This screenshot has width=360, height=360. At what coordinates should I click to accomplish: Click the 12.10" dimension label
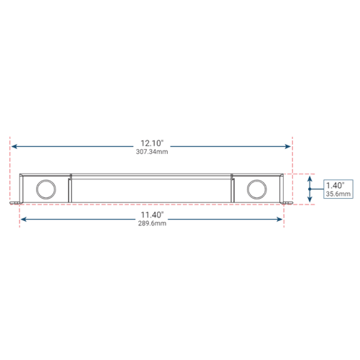[152, 143]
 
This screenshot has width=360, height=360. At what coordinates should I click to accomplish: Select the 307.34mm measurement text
[152, 152]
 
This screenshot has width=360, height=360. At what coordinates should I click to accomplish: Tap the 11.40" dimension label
[152, 215]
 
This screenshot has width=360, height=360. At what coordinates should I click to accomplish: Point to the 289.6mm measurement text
[152, 223]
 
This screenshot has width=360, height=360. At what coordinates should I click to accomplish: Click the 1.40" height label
[335, 185]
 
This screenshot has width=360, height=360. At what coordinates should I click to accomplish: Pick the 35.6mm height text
[338, 194]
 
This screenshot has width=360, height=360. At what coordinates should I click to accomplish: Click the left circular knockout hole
[46, 189]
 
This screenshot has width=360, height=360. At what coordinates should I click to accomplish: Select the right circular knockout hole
[257, 189]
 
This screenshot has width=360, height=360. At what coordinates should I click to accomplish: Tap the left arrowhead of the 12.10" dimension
[14, 146]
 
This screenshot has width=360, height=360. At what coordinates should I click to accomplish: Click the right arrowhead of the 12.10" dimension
[287, 146]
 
